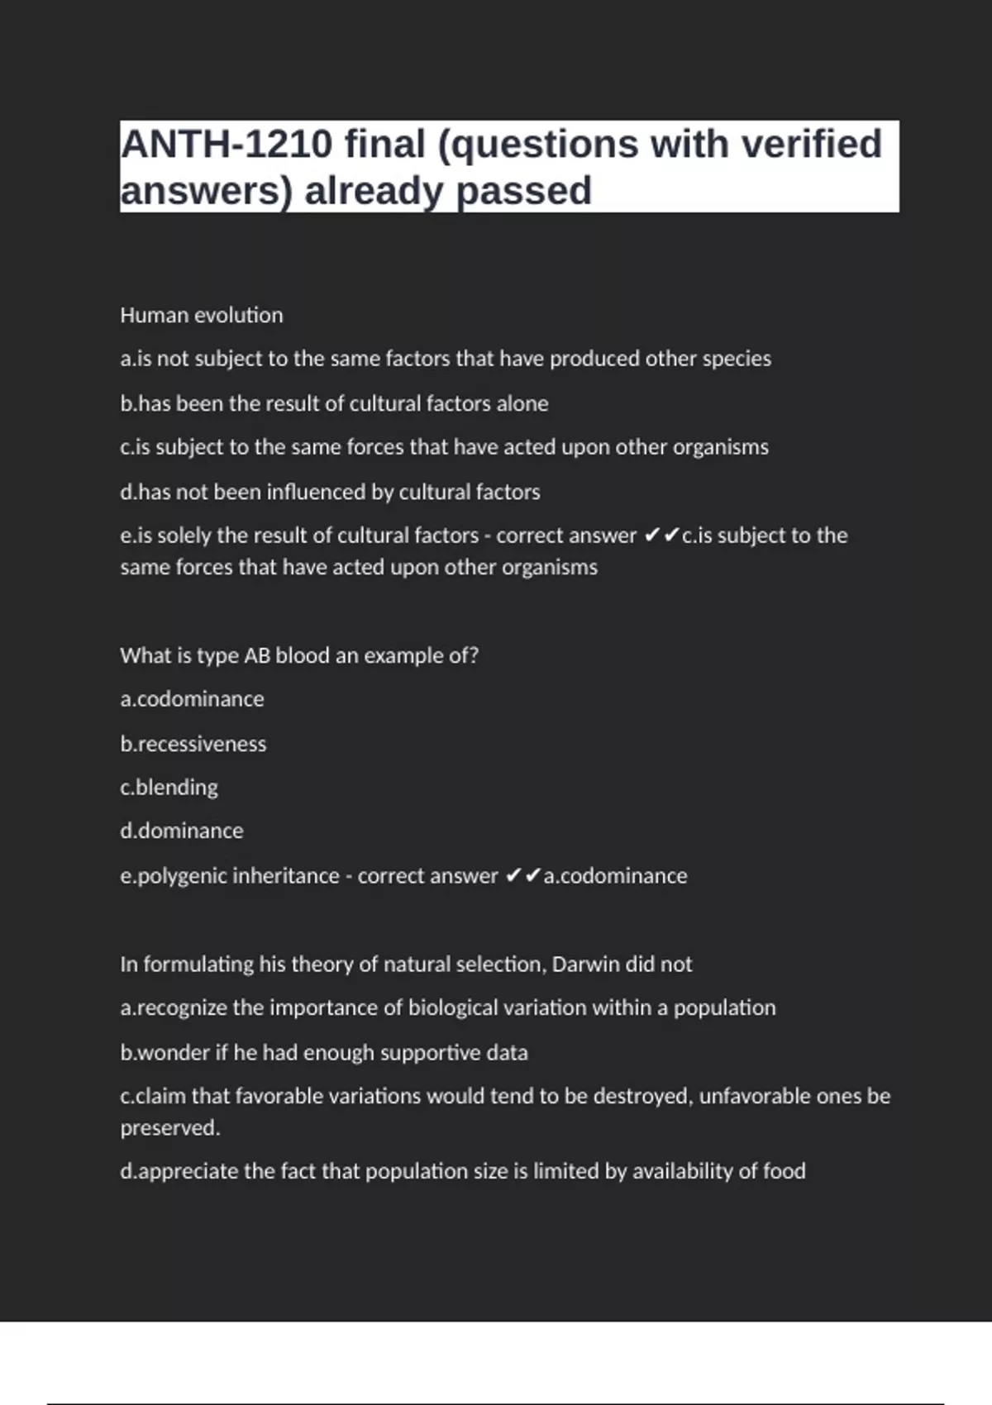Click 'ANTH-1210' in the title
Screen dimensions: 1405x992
click(x=227, y=145)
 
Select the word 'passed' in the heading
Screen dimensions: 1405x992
click(x=523, y=192)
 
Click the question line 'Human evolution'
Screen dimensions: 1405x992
click(x=202, y=315)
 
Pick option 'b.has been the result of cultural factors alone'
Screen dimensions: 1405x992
click(x=334, y=403)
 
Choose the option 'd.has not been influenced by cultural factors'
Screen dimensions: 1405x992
click(x=330, y=492)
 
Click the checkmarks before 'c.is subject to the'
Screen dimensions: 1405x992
click(x=661, y=536)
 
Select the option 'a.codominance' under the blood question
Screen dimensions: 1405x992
click(x=192, y=699)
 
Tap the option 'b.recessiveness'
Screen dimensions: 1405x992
click(x=193, y=744)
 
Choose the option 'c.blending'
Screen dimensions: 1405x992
click(x=169, y=787)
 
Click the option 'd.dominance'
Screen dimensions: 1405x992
click(x=182, y=831)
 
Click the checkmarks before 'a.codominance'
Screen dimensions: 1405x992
click(x=522, y=875)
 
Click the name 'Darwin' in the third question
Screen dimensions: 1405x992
click(x=585, y=964)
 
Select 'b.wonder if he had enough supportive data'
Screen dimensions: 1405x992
click(x=324, y=1052)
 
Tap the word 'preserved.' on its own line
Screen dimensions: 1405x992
click(x=170, y=1128)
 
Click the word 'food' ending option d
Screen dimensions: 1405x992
click(x=784, y=1171)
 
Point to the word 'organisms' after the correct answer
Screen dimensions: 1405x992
click(x=551, y=568)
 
